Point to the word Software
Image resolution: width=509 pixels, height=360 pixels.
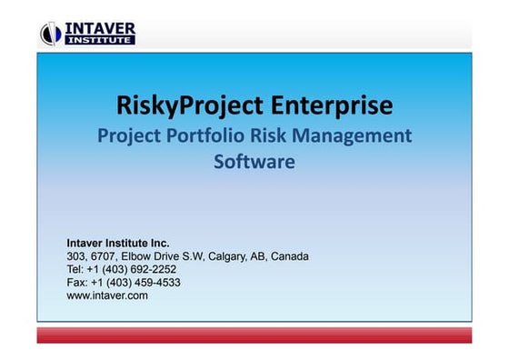pos(254,164)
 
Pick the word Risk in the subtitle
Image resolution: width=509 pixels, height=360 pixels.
pos(272,137)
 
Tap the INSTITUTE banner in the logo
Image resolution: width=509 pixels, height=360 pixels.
pos(99,39)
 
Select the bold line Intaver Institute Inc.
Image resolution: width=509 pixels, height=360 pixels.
pos(118,244)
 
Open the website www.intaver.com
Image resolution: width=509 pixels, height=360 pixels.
pos(107,295)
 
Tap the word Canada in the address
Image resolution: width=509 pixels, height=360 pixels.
pos(290,256)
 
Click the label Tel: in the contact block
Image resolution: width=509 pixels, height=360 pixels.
pos(76,269)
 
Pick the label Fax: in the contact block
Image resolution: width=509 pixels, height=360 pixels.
pos(78,282)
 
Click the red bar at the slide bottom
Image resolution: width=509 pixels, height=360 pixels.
pos(254,335)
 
